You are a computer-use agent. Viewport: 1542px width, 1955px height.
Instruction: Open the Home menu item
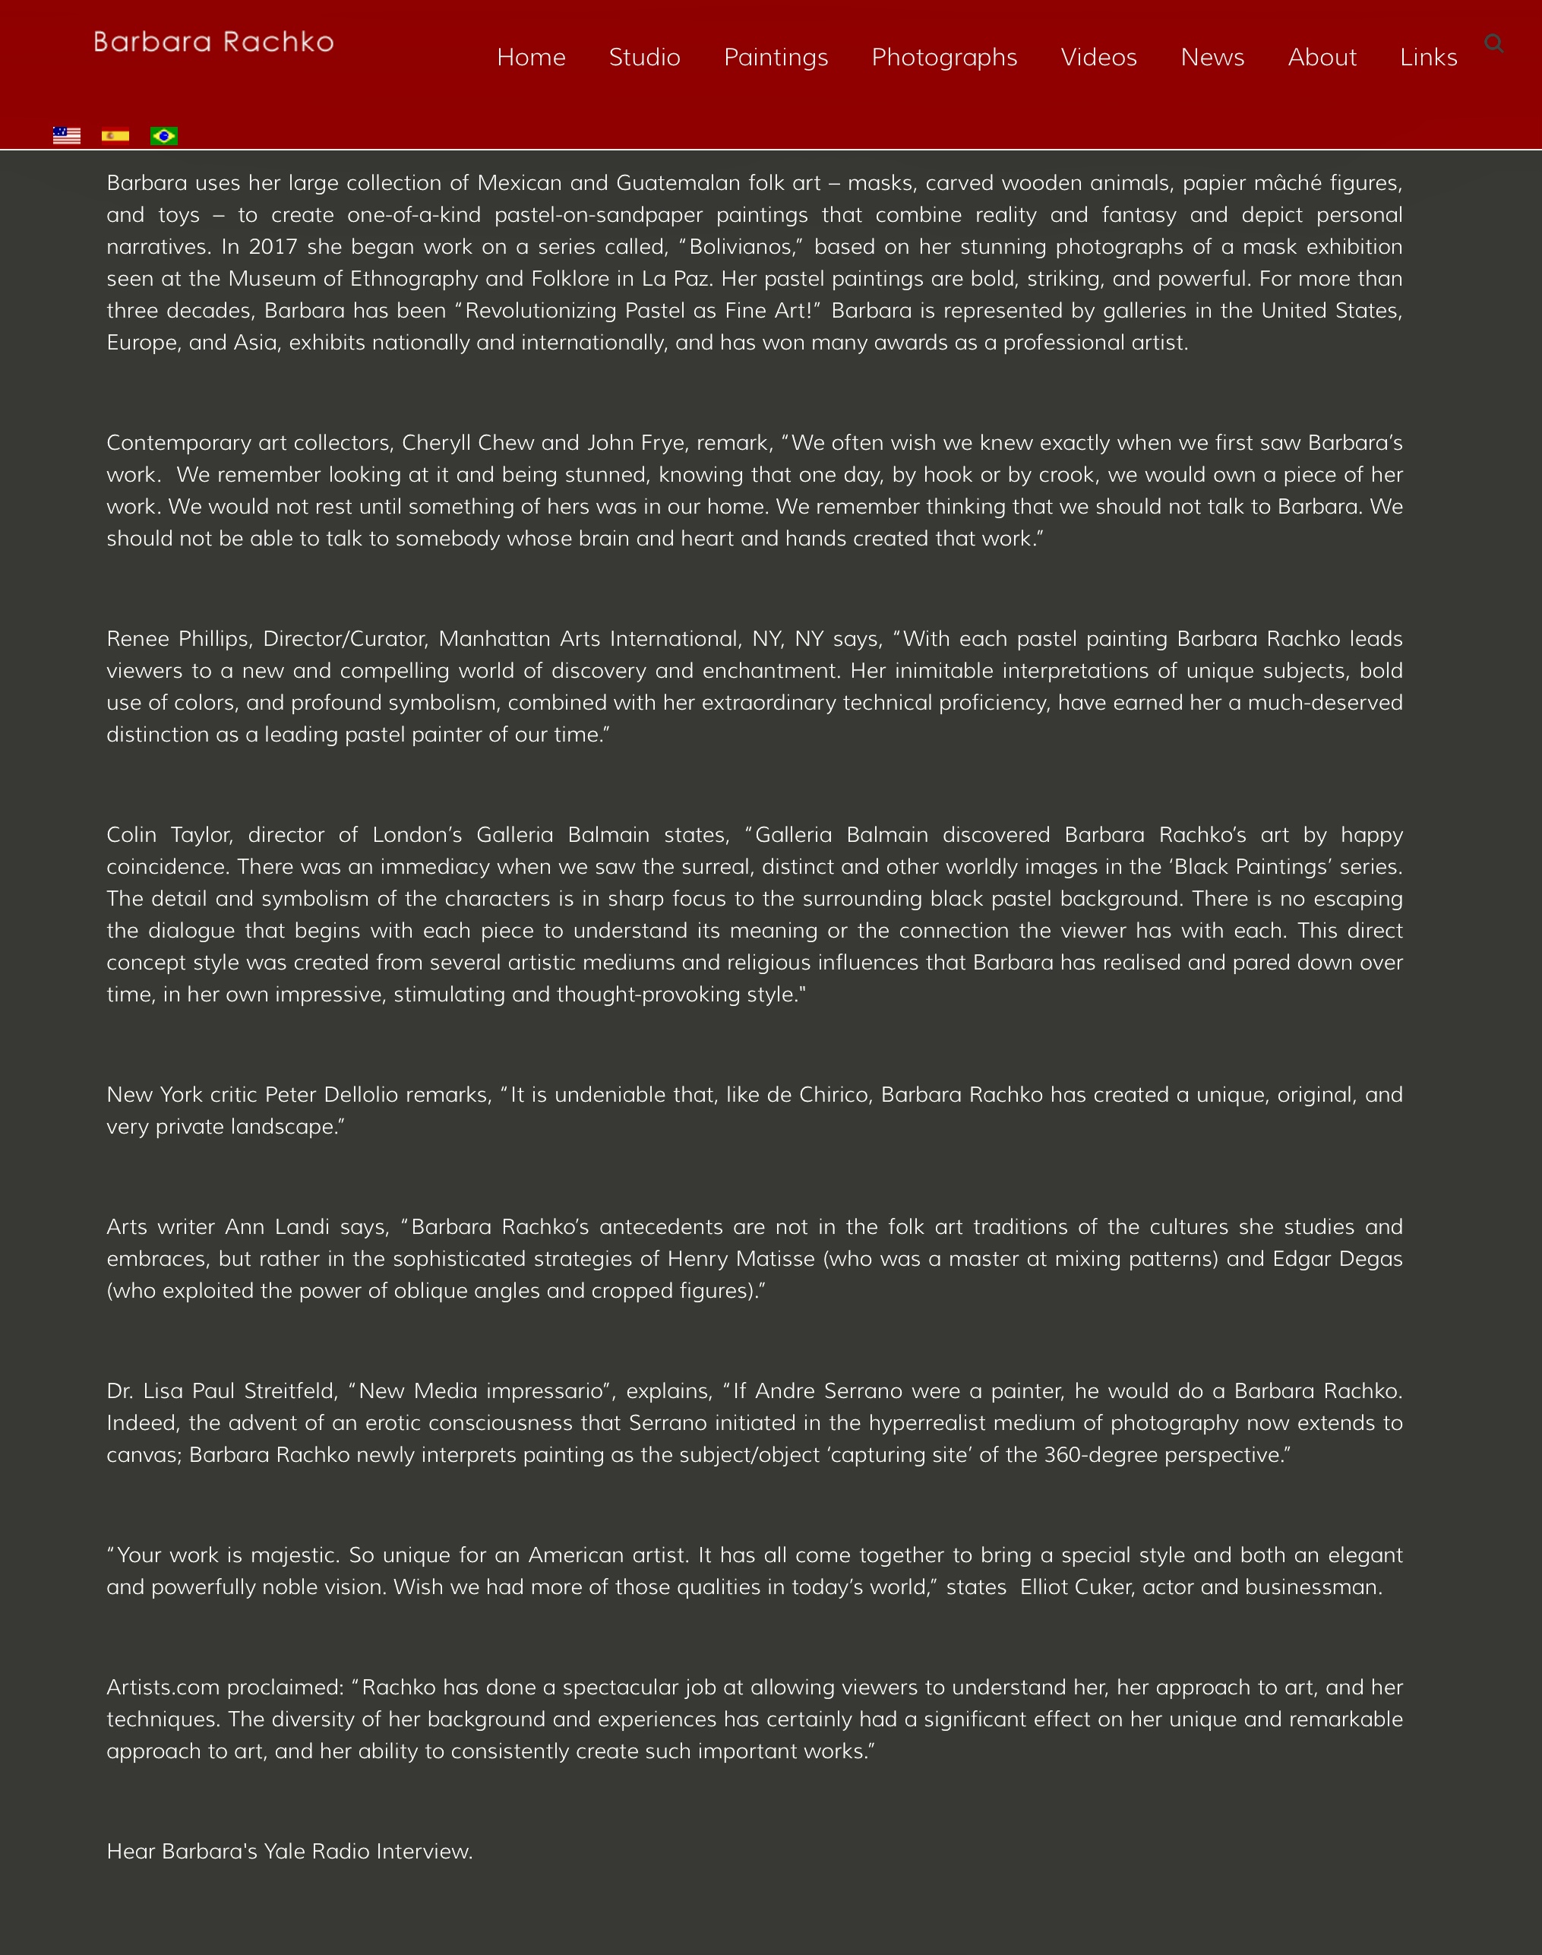coord(531,57)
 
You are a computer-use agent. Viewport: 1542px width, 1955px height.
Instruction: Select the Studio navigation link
coord(645,57)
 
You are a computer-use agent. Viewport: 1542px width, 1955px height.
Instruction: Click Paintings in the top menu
coord(776,57)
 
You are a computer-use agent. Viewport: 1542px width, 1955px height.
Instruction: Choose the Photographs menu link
coord(944,57)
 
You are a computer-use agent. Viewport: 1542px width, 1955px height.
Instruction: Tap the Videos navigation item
coord(1098,57)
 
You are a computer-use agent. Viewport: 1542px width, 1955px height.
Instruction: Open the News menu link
coord(1212,57)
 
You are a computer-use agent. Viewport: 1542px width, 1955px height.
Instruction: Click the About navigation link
coord(1322,57)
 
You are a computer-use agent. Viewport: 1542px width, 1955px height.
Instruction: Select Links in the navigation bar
coord(1428,57)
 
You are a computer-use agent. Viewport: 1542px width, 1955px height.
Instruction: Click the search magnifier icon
coord(1493,43)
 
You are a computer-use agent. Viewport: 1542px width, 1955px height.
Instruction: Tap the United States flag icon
coord(67,135)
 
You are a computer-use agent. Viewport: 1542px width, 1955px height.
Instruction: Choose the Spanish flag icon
coord(115,135)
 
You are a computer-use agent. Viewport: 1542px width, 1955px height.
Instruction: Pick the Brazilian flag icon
coord(164,135)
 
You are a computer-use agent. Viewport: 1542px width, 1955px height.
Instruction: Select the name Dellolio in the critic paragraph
coord(360,1094)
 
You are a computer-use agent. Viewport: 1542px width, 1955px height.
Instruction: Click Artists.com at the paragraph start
coord(163,1687)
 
